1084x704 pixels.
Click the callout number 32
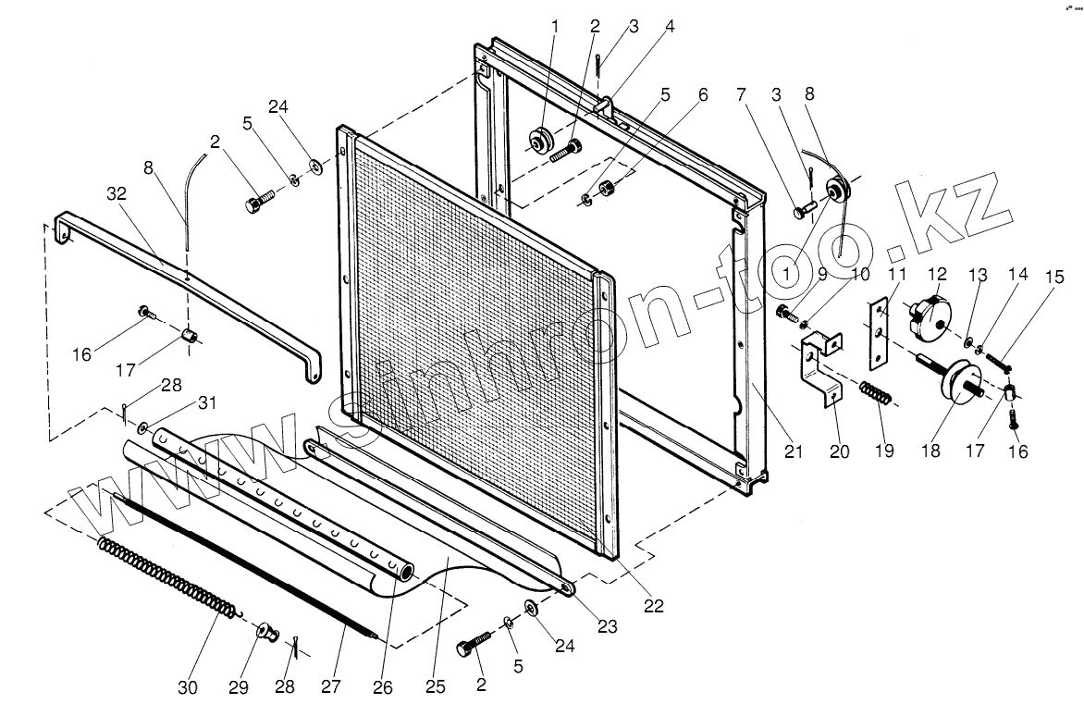[116, 193]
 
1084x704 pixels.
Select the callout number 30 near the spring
[189, 687]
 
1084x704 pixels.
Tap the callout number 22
[653, 607]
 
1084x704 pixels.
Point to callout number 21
[794, 451]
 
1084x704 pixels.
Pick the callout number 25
[436, 687]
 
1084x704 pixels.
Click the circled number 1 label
[787, 275]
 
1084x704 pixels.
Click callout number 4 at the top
[670, 27]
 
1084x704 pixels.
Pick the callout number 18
[930, 451]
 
